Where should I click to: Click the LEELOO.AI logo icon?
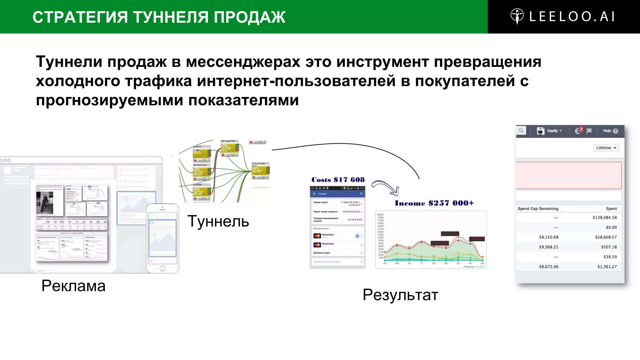[517, 16]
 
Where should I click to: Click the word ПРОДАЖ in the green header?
[249, 17]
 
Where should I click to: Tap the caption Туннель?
[218, 221]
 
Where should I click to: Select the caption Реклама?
[73, 286]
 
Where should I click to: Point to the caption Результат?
[400, 295]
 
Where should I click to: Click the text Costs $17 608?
[338, 180]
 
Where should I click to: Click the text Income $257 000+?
[434, 203]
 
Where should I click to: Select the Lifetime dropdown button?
[606, 148]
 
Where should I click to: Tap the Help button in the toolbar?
[610, 131]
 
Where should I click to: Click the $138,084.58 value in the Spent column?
[604, 217]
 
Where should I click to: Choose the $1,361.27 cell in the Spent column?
[607, 267]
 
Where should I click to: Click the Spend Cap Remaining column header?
[538, 209]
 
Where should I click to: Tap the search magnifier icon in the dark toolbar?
[521, 131]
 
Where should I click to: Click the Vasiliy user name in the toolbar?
[552, 131]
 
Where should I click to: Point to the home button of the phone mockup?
[162, 268]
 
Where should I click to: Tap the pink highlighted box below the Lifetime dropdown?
[568, 175]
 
